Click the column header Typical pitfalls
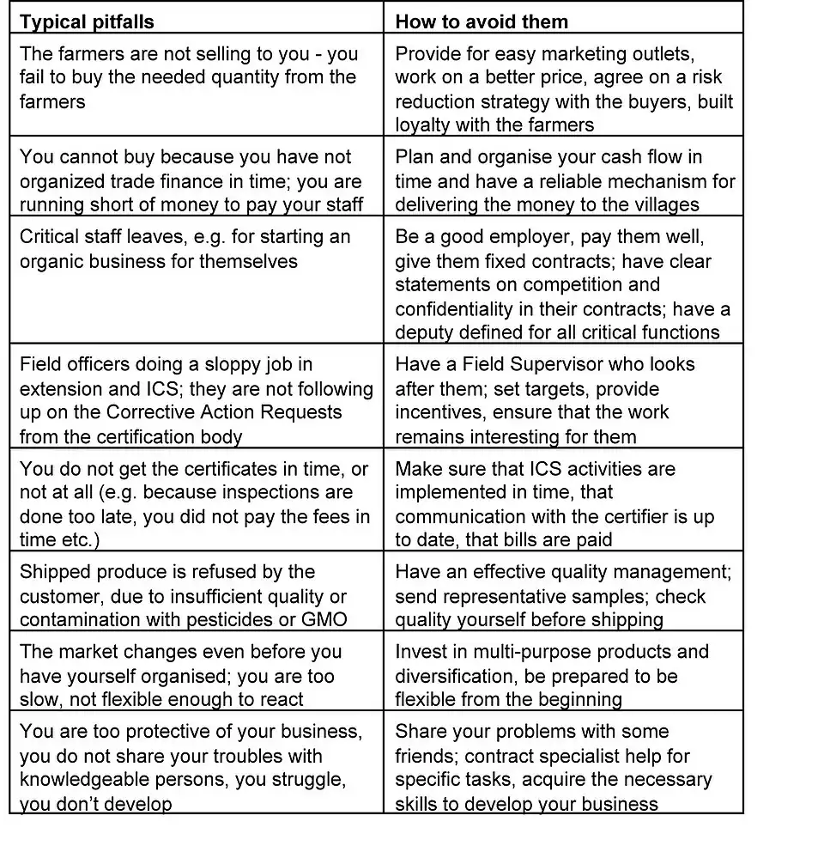(88, 21)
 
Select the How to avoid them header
(482, 21)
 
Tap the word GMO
(327, 619)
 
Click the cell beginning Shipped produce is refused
(197, 595)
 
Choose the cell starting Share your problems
(562, 767)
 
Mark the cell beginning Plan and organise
(562, 180)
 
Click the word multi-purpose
(546, 651)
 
